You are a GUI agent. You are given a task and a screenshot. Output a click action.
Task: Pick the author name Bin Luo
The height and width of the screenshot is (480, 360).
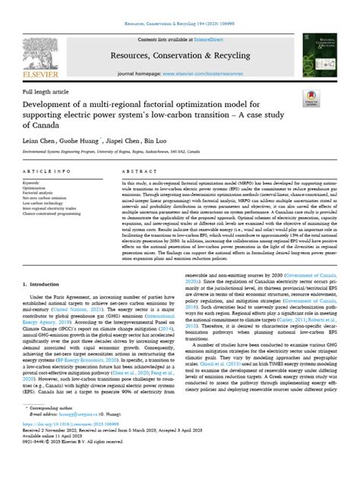178,141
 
